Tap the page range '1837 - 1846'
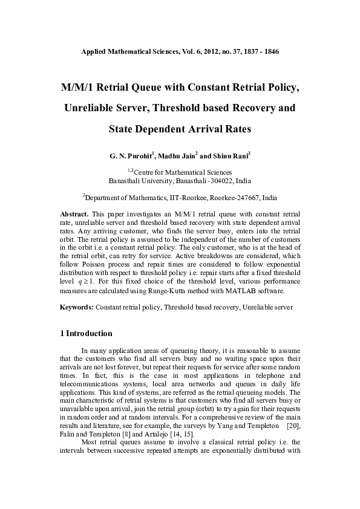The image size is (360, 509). point(258,52)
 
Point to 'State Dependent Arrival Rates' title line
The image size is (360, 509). point(180,129)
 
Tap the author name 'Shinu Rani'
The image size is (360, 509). point(230,156)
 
